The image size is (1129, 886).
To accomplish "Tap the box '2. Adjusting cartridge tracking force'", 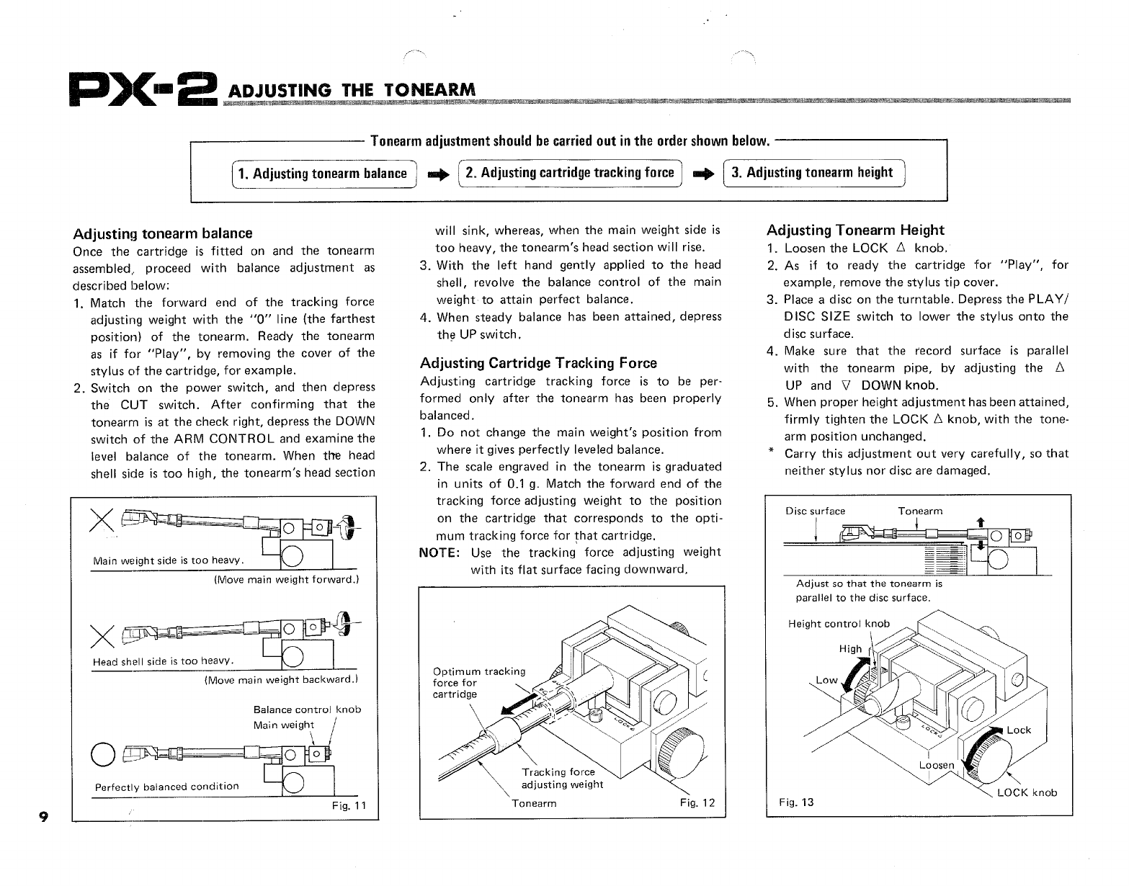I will point(570,173).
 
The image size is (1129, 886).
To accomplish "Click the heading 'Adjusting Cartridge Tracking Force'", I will point(538,363).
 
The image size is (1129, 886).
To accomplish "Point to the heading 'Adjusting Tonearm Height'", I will point(855,231).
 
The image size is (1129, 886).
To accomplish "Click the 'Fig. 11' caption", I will point(349,805).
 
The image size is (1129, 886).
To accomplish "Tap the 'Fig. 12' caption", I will point(697,803).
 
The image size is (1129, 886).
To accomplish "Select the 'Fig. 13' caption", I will point(796,802).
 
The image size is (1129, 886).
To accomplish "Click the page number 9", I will point(44,816).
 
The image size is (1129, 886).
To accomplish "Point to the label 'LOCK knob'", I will point(1027,793).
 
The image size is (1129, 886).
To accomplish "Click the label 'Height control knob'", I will point(839,624).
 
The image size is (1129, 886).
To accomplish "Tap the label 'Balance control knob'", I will point(307,710).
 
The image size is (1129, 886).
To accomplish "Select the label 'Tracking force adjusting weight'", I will point(562,778).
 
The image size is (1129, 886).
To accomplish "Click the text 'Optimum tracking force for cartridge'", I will point(479,683).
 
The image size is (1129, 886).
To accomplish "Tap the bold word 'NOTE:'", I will point(442,552).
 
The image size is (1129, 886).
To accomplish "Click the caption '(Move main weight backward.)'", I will point(282,679).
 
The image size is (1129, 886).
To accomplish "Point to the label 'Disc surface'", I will point(815,511).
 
